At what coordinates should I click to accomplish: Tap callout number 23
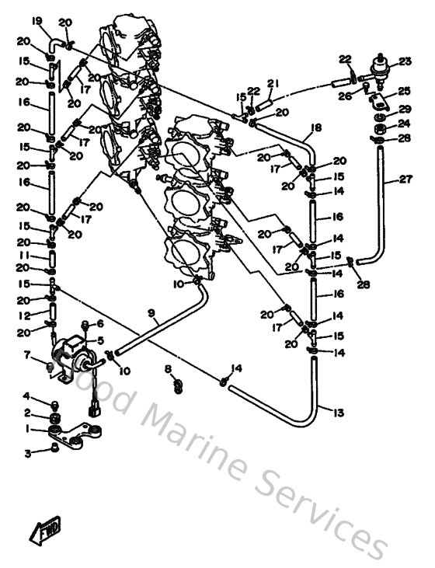pos(405,61)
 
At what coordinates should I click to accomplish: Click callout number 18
pos(315,127)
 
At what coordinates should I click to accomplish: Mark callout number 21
pos(273,83)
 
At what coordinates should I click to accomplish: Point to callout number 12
pos(25,315)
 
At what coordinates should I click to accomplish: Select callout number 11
pos(25,255)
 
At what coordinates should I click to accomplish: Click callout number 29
pos(405,110)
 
